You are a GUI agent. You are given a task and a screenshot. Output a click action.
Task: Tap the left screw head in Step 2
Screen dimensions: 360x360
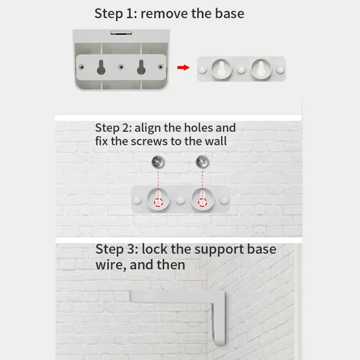[158, 161]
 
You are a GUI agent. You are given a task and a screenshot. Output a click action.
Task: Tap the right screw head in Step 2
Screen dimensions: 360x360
[201, 161]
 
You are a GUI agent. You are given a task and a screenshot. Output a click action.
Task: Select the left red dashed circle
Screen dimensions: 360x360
[158, 202]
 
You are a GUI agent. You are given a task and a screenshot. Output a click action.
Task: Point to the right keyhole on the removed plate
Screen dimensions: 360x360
[261, 68]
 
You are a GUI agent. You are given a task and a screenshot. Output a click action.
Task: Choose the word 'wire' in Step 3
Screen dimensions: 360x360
[109, 264]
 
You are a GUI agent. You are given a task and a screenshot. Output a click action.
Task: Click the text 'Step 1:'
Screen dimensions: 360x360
[116, 13]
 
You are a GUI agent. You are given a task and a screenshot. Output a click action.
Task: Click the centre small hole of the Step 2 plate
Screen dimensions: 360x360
[180, 198]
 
